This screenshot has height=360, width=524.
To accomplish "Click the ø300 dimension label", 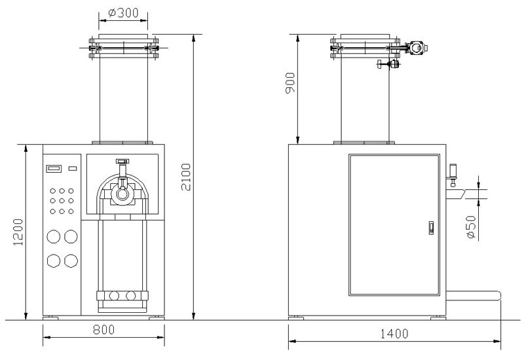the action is point(123,12).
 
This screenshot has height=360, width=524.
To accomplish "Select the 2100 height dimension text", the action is point(186,177).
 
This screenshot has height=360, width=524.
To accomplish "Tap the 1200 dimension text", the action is point(18,232).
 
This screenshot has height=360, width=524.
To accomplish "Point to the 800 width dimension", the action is point(103,330).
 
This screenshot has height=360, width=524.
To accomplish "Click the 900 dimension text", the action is point(290,83).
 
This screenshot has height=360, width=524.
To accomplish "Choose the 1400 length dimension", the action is point(394,334).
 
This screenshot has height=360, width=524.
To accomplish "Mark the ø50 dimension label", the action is point(470,227).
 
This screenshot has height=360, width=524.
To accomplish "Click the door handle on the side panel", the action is point(431,228).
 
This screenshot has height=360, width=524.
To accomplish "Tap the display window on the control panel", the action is point(54,168).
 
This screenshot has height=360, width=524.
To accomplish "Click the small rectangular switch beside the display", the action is point(73,168).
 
